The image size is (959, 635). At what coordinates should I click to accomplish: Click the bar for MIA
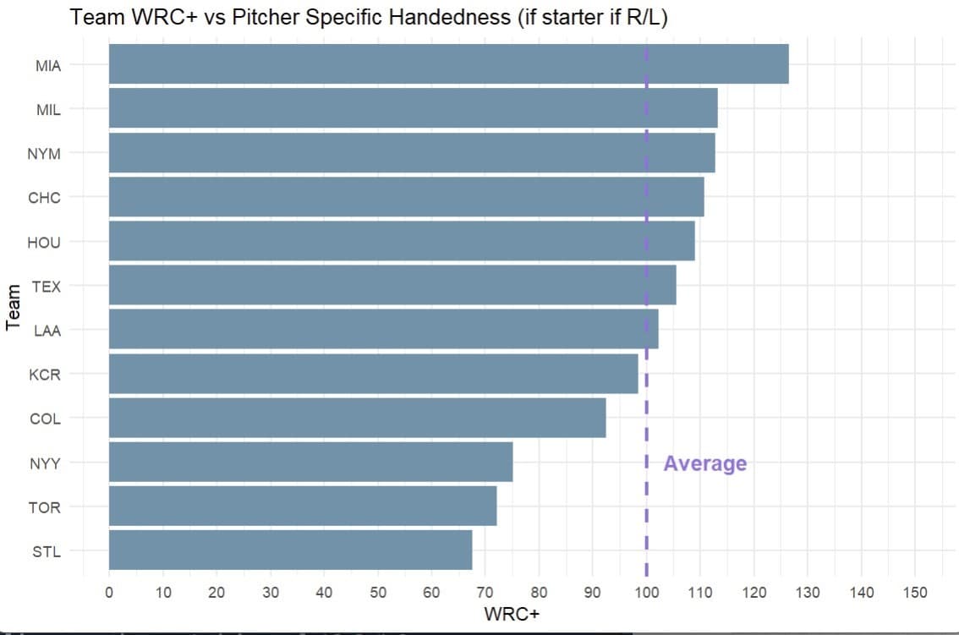pyautogui.click(x=449, y=63)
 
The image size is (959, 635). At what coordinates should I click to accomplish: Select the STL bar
pyautogui.click(x=291, y=550)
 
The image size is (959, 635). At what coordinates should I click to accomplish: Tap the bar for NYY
pyautogui.click(x=310, y=462)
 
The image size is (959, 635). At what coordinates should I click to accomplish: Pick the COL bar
pyautogui.click(x=358, y=418)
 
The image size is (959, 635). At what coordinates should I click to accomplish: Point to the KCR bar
pyautogui.click(x=374, y=374)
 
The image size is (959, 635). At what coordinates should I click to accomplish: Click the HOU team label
pyautogui.click(x=44, y=243)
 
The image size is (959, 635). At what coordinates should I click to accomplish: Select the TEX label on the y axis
pyautogui.click(x=47, y=287)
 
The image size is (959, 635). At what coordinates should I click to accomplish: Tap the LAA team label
pyautogui.click(x=47, y=331)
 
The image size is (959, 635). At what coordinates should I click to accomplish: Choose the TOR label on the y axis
pyautogui.click(x=45, y=508)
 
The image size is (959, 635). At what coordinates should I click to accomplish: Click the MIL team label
pyautogui.click(x=48, y=110)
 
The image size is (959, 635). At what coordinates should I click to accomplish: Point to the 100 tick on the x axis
pyautogui.click(x=646, y=592)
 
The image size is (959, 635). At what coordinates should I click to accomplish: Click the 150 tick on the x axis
pyautogui.click(x=915, y=592)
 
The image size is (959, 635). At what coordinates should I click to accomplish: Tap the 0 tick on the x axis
pyautogui.click(x=109, y=592)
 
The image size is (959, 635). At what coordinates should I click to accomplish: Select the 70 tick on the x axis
pyautogui.click(x=485, y=592)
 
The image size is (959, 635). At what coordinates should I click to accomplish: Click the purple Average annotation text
pyautogui.click(x=705, y=463)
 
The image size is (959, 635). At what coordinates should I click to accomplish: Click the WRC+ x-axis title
pyautogui.click(x=512, y=614)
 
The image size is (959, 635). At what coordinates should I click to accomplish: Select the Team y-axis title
pyautogui.click(x=13, y=308)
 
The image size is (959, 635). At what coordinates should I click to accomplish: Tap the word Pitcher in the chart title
pyautogui.click(x=266, y=17)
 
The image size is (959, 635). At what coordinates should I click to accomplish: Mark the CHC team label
pyautogui.click(x=44, y=198)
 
